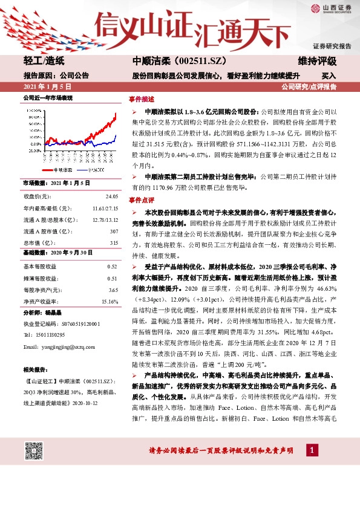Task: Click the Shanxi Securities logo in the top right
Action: click(x=331, y=8)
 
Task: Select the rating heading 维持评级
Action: click(x=317, y=62)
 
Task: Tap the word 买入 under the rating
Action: click(x=329, y=76)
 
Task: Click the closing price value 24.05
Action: click(x=111, y=197)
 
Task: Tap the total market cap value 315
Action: click(x=114, y=243)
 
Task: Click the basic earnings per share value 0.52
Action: click(x=112, y=267)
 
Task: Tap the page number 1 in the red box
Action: click(x=312, y=450)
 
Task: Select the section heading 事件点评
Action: click(x=142, y=199)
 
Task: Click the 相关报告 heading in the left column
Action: click(x=34, y=369)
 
